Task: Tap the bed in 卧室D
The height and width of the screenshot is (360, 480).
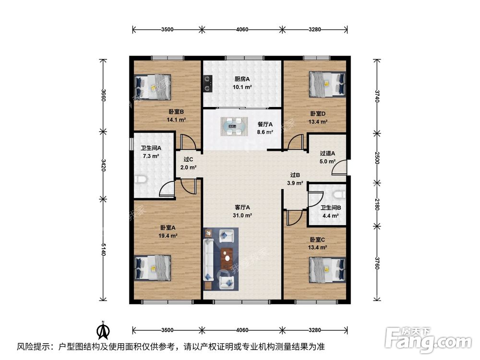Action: point(327,84)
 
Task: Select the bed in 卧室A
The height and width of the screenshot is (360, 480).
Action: point(153,267)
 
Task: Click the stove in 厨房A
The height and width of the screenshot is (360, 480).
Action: point(207,84)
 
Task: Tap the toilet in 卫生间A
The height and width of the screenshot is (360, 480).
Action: point(141,180)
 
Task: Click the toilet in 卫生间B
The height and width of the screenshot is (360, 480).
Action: point(340,194)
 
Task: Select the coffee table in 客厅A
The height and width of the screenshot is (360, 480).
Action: point(228,258)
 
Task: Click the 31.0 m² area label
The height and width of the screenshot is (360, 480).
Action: point(242,216)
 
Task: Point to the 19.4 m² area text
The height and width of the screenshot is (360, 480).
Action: point(168,236)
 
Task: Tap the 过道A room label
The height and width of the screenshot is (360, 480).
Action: point(328,154)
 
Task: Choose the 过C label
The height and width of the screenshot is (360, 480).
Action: point(188,160)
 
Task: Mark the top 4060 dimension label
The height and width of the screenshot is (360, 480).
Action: point(242,30)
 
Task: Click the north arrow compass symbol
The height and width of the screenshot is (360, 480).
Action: point(103,331)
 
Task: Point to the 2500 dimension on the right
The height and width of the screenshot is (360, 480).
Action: point(377,158)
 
